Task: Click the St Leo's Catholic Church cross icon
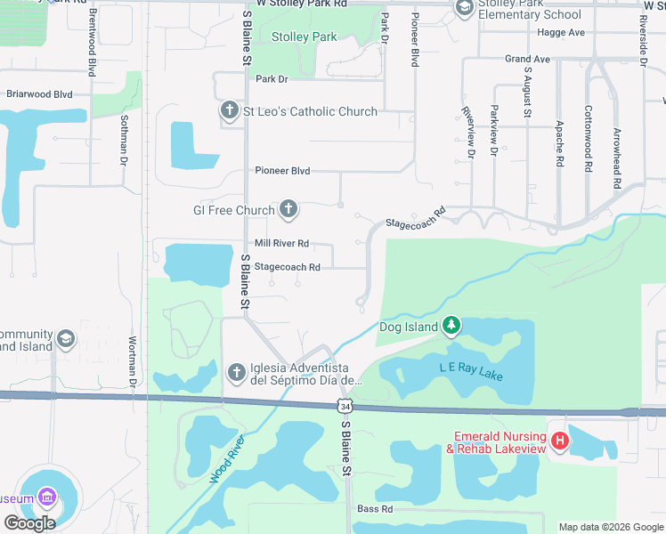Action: pos(229,111)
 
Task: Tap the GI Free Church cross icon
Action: pos(288,211)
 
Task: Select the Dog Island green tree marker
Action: pos(451,327)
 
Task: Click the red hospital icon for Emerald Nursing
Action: pos(559,440)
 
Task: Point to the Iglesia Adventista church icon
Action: pos(236,372)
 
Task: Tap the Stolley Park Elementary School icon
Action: pos(464,8)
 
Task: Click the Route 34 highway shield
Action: pos(345,406)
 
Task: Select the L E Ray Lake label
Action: pos(471,371)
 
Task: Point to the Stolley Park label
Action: pos(304,36)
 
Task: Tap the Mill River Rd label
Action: pos(281,243)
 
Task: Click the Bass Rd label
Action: pos(375,509)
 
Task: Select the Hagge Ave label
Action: pos(560,32)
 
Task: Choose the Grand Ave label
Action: pos(528,59)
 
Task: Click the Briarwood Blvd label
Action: pos(39,93)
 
